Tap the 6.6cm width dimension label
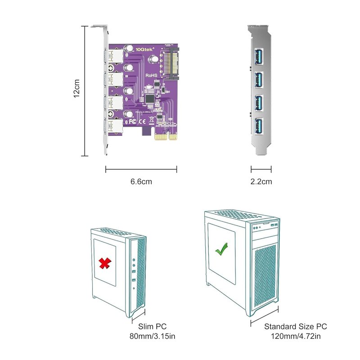[141, 182]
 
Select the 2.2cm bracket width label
[261, 182]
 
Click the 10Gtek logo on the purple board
[144, 49]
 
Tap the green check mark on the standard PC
[221, 249]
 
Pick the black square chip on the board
[149, 98]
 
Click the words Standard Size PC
[296, 327]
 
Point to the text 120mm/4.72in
[296, 336]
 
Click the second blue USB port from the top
[261, 80]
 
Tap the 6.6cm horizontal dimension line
[141, 169]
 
